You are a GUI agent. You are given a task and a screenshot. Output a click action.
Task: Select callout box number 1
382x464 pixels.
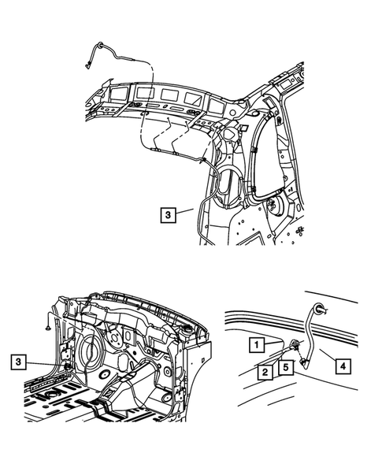coord(256,344)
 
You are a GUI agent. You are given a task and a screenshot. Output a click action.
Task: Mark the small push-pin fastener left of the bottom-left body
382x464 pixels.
coord(48,322)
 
